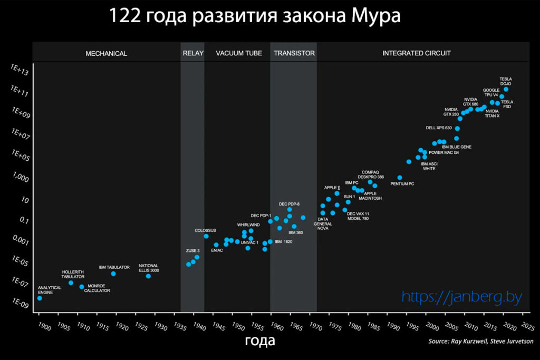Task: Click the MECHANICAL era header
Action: coord(106,53)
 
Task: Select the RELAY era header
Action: coord(193,53)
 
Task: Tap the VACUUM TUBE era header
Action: coord(239,53)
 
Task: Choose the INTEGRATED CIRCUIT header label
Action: coord(417,53)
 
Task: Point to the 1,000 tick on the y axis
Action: coord(20,178)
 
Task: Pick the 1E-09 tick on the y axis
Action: coord(20,304)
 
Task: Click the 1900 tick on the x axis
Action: coord(44,327)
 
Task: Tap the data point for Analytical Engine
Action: coord(40,298)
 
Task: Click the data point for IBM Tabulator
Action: coord(113,274)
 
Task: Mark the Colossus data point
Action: coord(206,236)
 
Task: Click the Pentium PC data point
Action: coord(400,178)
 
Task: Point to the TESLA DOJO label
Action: coord(506,81)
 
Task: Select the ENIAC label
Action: coord(217,250)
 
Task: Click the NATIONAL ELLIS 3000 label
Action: coord(149,268)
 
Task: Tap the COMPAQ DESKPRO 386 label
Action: coord(371,174)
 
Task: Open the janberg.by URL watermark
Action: coord(461,297)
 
